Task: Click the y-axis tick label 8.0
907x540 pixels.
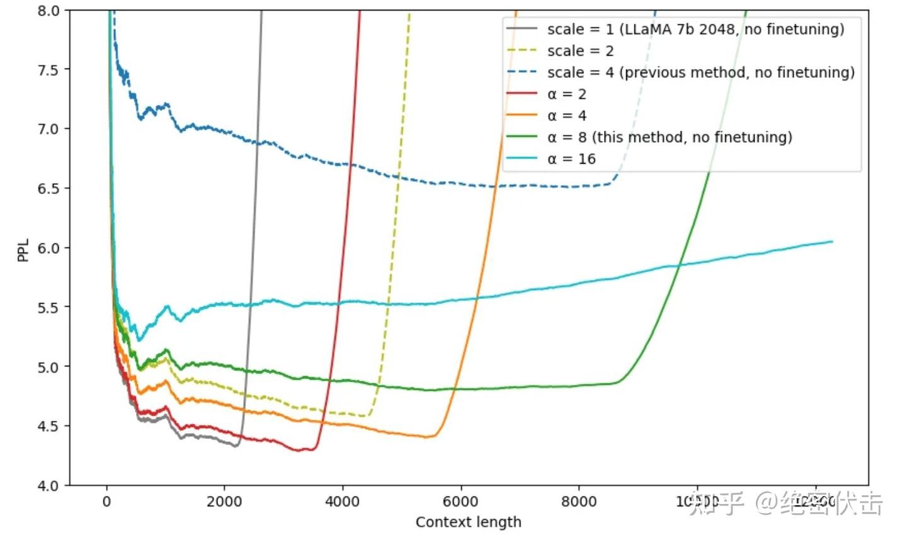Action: click(48, 11)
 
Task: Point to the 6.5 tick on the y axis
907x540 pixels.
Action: click(48, 188)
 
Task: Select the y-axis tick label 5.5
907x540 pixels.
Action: click(48, 307)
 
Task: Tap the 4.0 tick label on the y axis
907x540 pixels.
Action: click(48, 485)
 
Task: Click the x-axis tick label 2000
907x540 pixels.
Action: click(224, 502)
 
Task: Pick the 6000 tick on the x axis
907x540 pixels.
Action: click(460, 502)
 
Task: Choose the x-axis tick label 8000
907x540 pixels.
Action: click(578, 502)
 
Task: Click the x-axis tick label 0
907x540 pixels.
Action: click(106, 502)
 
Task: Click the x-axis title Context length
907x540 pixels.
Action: click(468, 522)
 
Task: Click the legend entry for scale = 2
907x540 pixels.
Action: click(580, 51)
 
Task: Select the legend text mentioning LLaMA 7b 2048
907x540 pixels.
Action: click(695, 30)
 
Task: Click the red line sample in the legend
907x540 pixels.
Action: click(522, 94)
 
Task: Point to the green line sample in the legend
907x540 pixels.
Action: click(522, 137)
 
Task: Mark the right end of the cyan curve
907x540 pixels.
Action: click(832, 242)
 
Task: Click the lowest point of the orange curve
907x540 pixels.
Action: click(427, 437)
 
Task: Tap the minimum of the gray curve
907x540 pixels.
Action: click(235, 446)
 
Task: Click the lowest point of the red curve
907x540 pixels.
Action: click(300, 451)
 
